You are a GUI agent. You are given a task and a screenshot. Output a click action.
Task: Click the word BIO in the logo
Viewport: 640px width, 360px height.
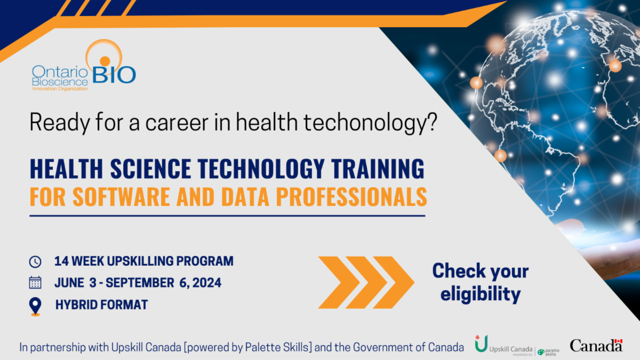(x=114, y=75)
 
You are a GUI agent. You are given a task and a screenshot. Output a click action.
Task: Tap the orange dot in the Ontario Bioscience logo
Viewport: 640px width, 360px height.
(x=105, y=61)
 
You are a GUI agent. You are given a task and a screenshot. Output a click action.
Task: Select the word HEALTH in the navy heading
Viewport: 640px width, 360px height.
(x=66, y=169)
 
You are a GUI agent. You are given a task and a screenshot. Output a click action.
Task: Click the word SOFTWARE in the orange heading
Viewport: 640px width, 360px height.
(x=122, y=197)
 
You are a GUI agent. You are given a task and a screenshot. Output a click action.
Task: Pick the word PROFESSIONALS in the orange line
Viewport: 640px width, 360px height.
(x=351, y=197)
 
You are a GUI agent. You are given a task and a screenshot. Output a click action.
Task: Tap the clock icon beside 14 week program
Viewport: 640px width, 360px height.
(x=35, y=261)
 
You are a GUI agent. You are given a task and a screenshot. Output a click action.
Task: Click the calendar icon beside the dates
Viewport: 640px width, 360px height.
(x=35, y=283)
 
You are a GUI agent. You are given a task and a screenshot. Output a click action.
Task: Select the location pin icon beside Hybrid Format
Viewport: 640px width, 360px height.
(x=35, y=306)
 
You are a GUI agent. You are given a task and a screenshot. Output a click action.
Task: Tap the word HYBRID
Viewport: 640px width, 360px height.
(x=76, y=305)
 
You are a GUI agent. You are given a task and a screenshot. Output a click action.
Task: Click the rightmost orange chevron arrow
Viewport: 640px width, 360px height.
(x=394, y=283)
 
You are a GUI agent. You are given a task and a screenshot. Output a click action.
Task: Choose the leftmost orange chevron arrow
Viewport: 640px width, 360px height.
(x=339, y=283)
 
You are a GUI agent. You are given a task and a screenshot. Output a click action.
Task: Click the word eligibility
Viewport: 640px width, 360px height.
(x=481, y=294)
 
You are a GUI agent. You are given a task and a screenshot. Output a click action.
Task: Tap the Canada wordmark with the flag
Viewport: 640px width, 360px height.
(x=596, y=345)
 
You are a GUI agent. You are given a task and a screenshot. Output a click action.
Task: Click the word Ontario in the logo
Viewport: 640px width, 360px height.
(x=60, y=71)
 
